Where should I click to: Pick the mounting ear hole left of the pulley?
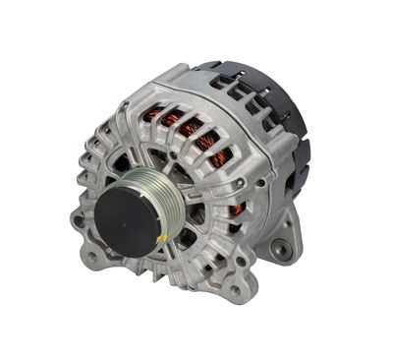(x=78, y=220)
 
